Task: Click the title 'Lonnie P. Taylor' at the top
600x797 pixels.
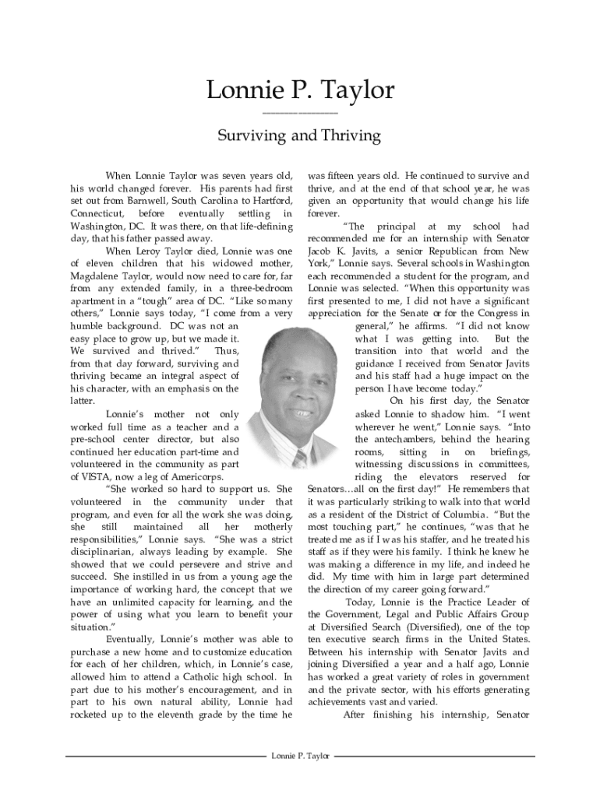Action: [x=300, y=90]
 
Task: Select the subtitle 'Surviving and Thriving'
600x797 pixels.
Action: [x=299, y=135]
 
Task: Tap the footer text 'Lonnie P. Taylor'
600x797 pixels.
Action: [x=300, y=756]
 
